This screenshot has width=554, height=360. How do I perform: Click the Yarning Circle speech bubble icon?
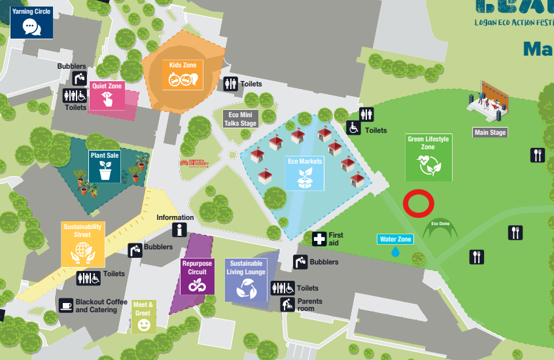tap(30, 26)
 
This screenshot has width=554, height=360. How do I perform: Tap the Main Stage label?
tap(490, 132)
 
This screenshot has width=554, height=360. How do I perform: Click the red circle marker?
tap(419, 203)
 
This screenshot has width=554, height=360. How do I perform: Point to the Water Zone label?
tap(396, 240)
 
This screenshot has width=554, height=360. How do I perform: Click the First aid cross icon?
tap(319, 239)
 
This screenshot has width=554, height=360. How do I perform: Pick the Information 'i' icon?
tap(179, 229)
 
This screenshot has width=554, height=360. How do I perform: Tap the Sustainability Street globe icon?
tap(82, 251)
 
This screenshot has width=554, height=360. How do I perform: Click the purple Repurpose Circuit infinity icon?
tap(197, 285)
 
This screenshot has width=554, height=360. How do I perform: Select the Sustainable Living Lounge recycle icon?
tap(247, 287)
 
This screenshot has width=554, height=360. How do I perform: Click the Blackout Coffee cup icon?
tap(66, 305)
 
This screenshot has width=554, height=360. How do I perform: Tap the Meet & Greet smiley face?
tap(143, 324)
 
